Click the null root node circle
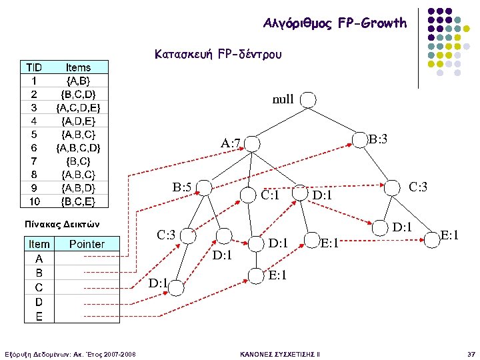point(309,100)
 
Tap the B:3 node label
point(378,140)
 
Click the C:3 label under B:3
point(418,187)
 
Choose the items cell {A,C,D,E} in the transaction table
point(78,107)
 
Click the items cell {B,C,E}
point(78,201)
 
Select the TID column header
point(33,67)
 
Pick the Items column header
point(78,67)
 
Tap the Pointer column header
point(87,244)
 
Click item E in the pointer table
point(39,315)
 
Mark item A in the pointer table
point(39,259)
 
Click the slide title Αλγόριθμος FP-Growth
point(335,23)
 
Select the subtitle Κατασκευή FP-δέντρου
point(218,53)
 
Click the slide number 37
point(471,353)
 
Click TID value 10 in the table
point(33,201)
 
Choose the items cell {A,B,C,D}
point(78,147)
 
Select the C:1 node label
point(270,196)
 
